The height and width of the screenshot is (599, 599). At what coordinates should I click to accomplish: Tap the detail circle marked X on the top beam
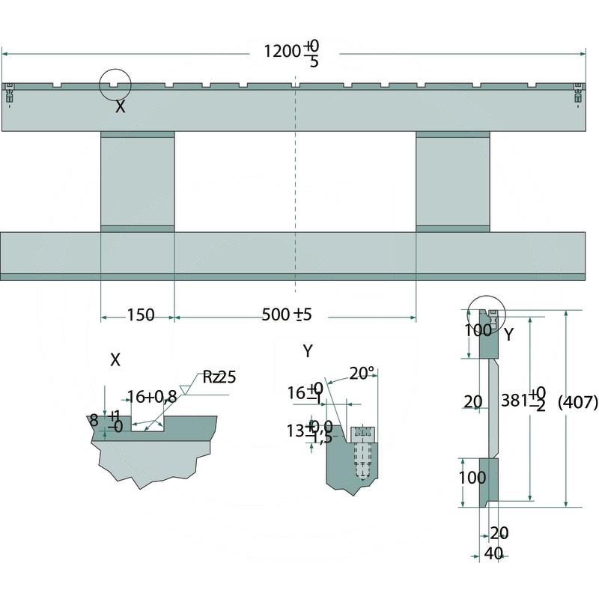point(115,85)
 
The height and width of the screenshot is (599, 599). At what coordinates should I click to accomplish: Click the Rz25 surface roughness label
point(218,377)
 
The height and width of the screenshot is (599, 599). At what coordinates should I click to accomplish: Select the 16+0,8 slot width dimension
point(152,397)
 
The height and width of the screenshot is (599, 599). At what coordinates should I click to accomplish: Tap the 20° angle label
point(362,373)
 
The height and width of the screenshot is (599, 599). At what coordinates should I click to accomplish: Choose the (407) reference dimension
point(578,403)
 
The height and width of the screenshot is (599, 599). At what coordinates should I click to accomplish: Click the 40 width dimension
point(492,554)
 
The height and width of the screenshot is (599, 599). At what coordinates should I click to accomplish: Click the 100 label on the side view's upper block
point(477,330)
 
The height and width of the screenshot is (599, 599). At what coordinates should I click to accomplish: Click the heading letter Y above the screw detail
point(308,350)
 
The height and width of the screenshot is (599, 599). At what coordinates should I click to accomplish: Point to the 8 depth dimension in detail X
point(94,421)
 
